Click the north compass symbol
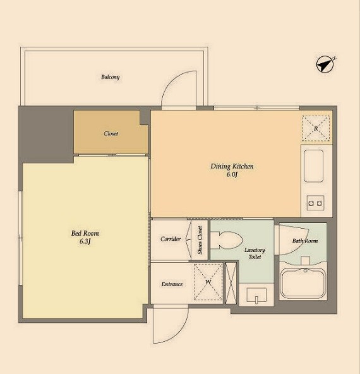click(325, 64)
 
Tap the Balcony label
click(111, 77)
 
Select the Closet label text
click(111, 133)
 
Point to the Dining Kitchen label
click(232, 166)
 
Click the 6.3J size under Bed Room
click(85, 241)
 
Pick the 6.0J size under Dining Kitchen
click(232, 174)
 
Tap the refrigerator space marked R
click(316, 128)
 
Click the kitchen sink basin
click(314, 166)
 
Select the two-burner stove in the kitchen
click(315, 203)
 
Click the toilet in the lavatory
click(227, 241)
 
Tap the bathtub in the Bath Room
click(303, 283)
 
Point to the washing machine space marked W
click(208, 282)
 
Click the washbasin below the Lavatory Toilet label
click(256, 295)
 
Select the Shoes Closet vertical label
click(200, 240)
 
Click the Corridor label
click(171, 239)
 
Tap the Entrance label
click(172, 284)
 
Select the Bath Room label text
click(305, 241)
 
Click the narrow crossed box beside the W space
click(231, 283)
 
